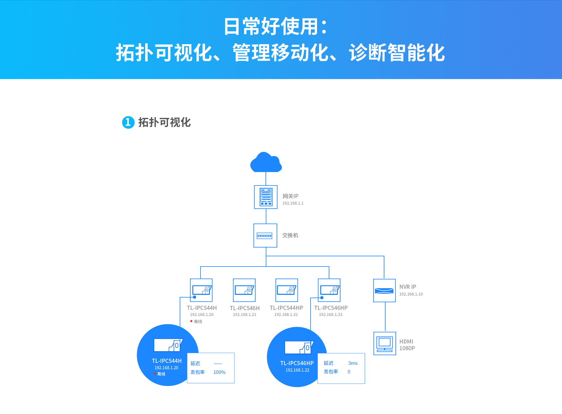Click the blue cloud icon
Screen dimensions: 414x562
pos(266,163)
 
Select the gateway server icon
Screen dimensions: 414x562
pos(266,197)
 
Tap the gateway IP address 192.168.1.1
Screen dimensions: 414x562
pos(293,203)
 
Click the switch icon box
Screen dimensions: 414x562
pos(265,236)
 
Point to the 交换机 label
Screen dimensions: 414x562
pos(290,236)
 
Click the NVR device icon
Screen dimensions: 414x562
pos(384,291)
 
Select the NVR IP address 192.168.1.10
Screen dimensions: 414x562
pos(411,294)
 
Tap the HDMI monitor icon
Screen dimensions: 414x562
pos(385,343)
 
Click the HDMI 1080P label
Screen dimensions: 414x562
pos(407,345)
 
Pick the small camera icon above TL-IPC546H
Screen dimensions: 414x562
pos(244,290)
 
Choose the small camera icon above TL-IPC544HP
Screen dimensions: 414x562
pos(287,290)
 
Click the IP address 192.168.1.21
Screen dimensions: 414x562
pos(244,315)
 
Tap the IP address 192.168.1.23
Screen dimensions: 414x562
pos(330,315)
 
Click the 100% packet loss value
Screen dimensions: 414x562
pos(219,372)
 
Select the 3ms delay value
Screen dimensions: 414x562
pos(353,363)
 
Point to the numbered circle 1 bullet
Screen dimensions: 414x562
pos(128,122)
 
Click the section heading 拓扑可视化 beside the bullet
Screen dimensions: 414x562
pos(164,122)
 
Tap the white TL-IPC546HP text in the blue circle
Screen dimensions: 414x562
pos(297,363)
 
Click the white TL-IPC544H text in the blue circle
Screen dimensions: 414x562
pos(167,361)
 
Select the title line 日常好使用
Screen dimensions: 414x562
pos(275,26)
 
